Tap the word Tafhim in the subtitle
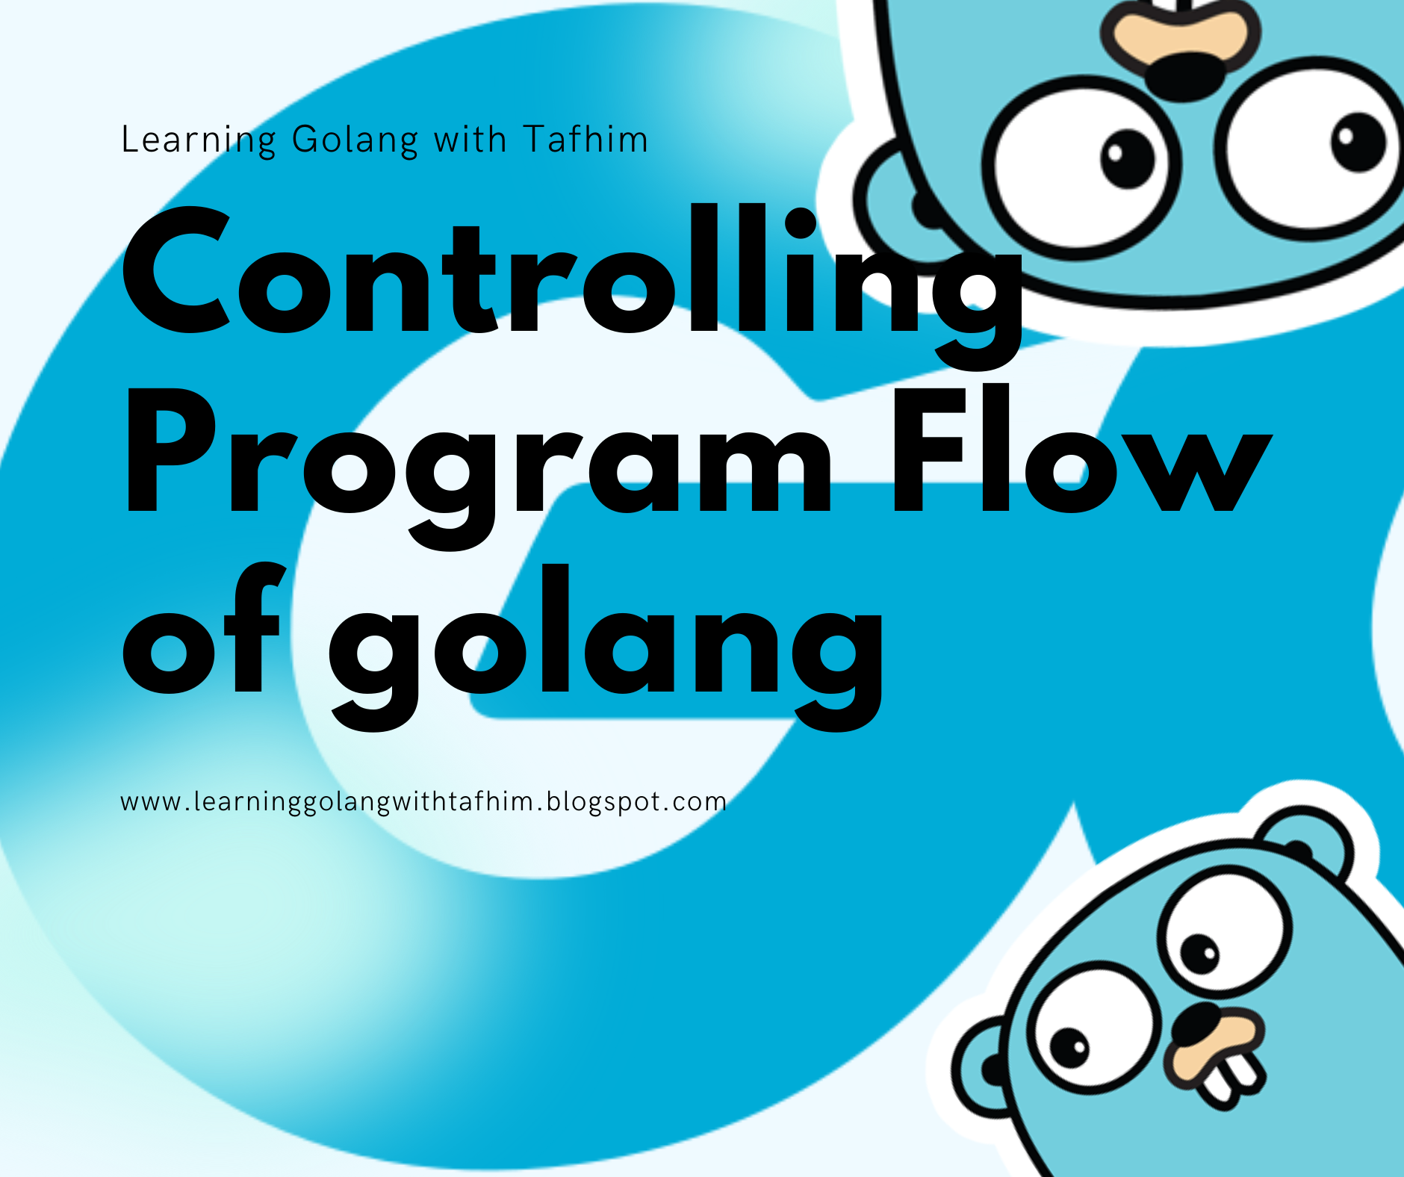[585, 139]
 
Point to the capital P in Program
[171, 450]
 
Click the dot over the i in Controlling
[800, 223]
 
